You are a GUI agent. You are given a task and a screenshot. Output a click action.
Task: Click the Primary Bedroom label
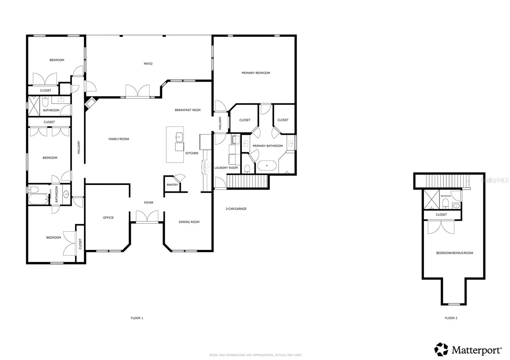[256, 73]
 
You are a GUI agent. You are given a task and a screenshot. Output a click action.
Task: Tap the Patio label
[148, 64]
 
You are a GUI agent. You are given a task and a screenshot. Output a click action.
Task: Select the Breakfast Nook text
[188, 110]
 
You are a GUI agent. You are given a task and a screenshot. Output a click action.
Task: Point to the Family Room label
[119, 139]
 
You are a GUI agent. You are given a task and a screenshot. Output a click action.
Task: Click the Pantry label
[172, 185]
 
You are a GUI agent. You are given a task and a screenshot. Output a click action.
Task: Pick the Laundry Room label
[226, 168]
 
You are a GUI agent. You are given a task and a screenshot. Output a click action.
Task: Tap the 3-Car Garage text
[236, 209]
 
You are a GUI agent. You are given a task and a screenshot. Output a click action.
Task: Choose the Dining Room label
[189, 222]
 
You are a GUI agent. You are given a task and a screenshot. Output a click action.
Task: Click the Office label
[108, 218]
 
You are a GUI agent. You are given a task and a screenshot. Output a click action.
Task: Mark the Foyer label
[149, 203]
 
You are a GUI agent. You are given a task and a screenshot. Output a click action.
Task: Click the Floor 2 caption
[451, 318]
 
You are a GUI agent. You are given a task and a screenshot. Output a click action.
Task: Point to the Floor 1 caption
[137, 318]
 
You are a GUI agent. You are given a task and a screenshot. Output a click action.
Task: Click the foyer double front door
[147, 217]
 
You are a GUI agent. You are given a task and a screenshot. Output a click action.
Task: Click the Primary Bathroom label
[268, 146]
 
